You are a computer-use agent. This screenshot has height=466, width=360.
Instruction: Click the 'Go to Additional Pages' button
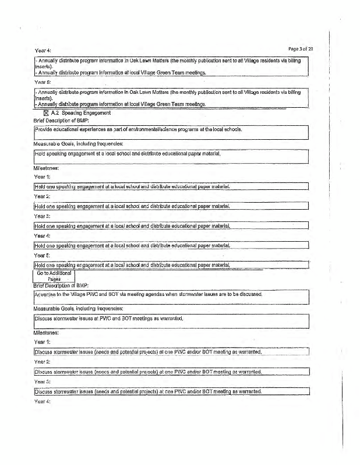54,276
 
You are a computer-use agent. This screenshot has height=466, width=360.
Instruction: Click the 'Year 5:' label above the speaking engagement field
43,256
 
